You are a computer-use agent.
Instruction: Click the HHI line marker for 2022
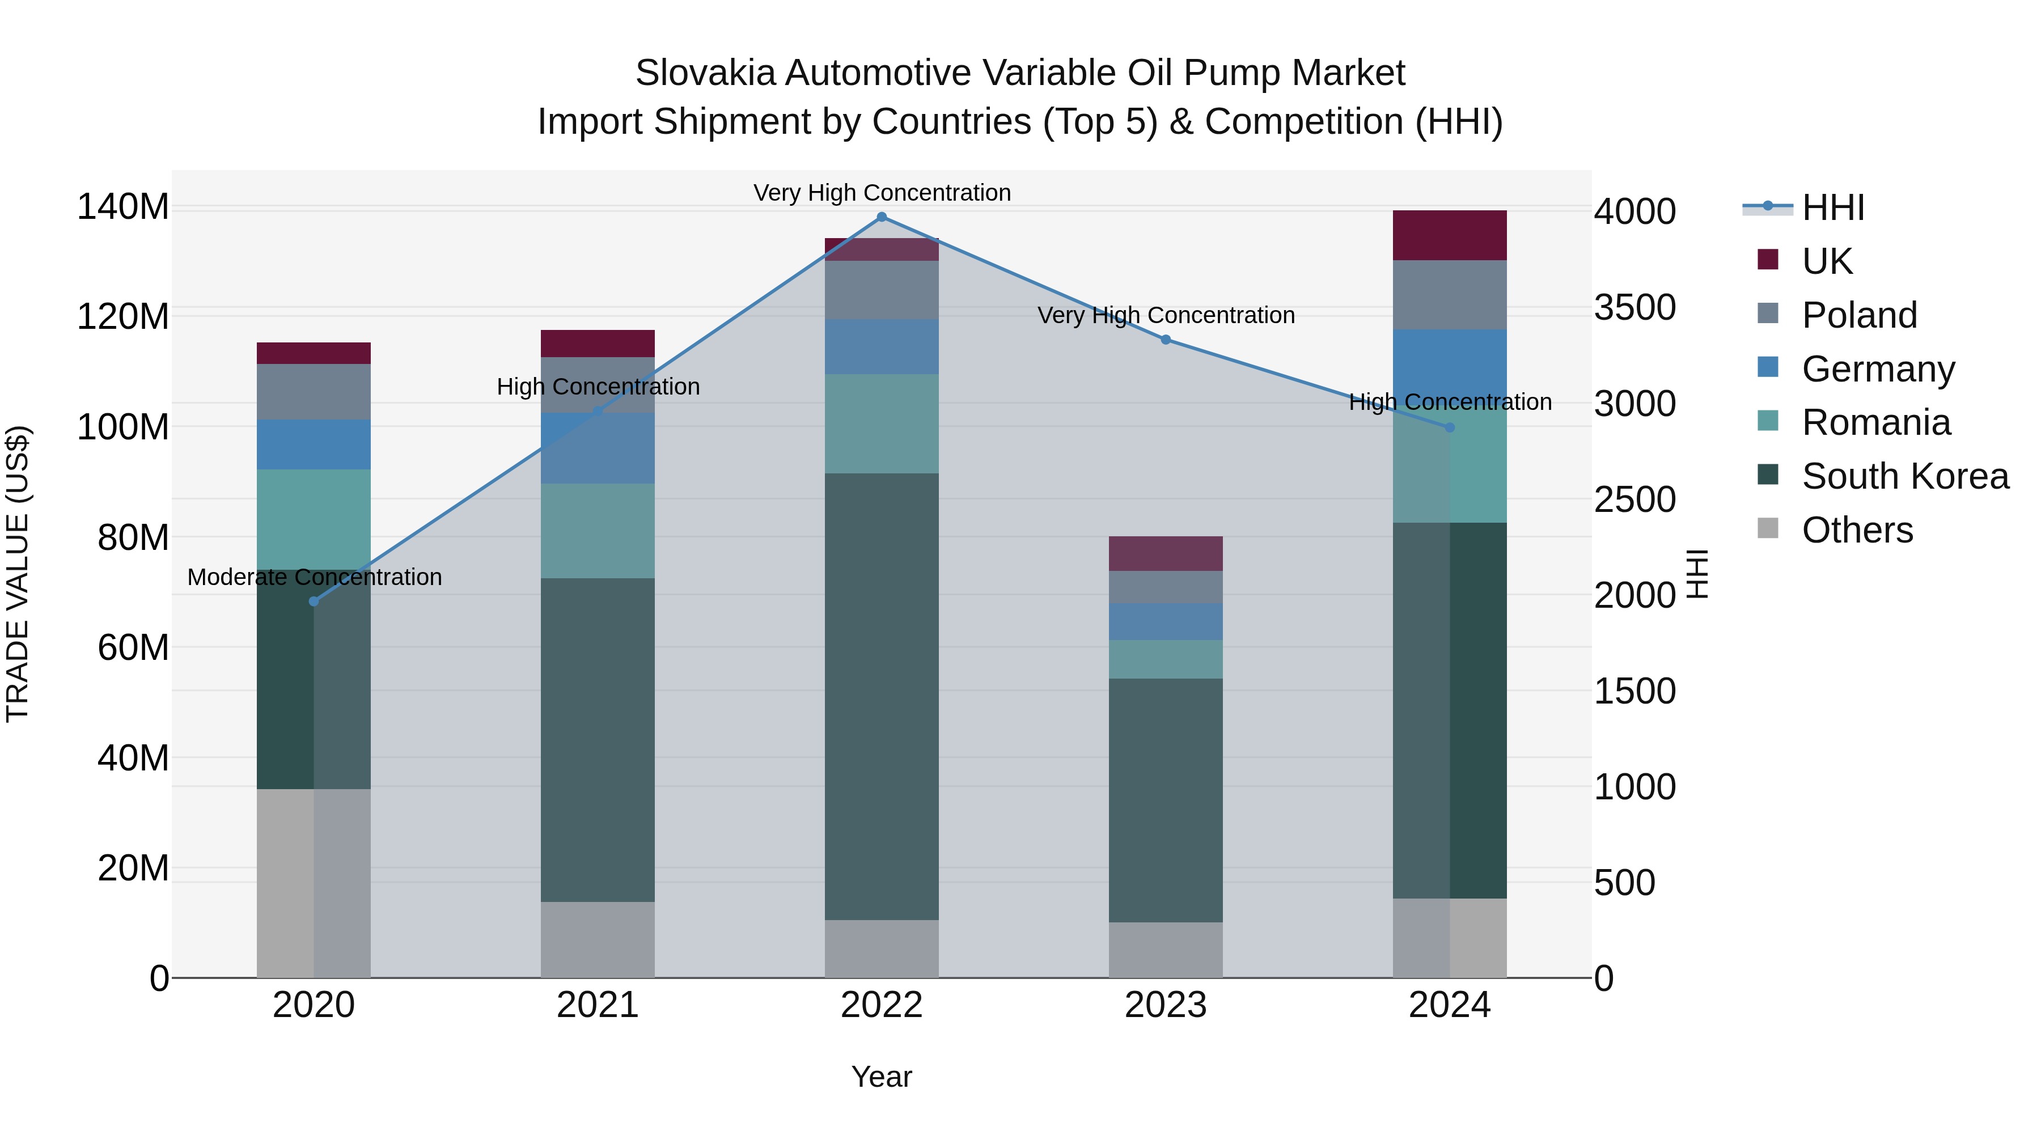point(881,217)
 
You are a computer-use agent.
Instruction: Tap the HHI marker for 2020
point(314,601)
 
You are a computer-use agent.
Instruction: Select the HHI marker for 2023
point(1166,340)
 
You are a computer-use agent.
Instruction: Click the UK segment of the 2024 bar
point(1449,235)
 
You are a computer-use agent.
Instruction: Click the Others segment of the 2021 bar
point(598,939)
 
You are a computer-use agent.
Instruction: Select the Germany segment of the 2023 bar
point(1166,622)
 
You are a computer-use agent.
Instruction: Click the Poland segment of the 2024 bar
point(1449,295)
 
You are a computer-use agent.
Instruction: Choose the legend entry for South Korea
point(1905,476)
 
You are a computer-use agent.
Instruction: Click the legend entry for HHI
point(1832,207)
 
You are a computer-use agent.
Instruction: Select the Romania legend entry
point(1875,422)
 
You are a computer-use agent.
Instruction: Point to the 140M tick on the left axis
point(123,207)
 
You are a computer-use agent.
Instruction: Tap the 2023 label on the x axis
point(1166,1005)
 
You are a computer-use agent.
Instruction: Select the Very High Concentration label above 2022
point(881,193)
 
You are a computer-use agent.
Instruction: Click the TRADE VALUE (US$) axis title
point(18,574)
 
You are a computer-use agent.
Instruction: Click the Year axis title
point(881,1077)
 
